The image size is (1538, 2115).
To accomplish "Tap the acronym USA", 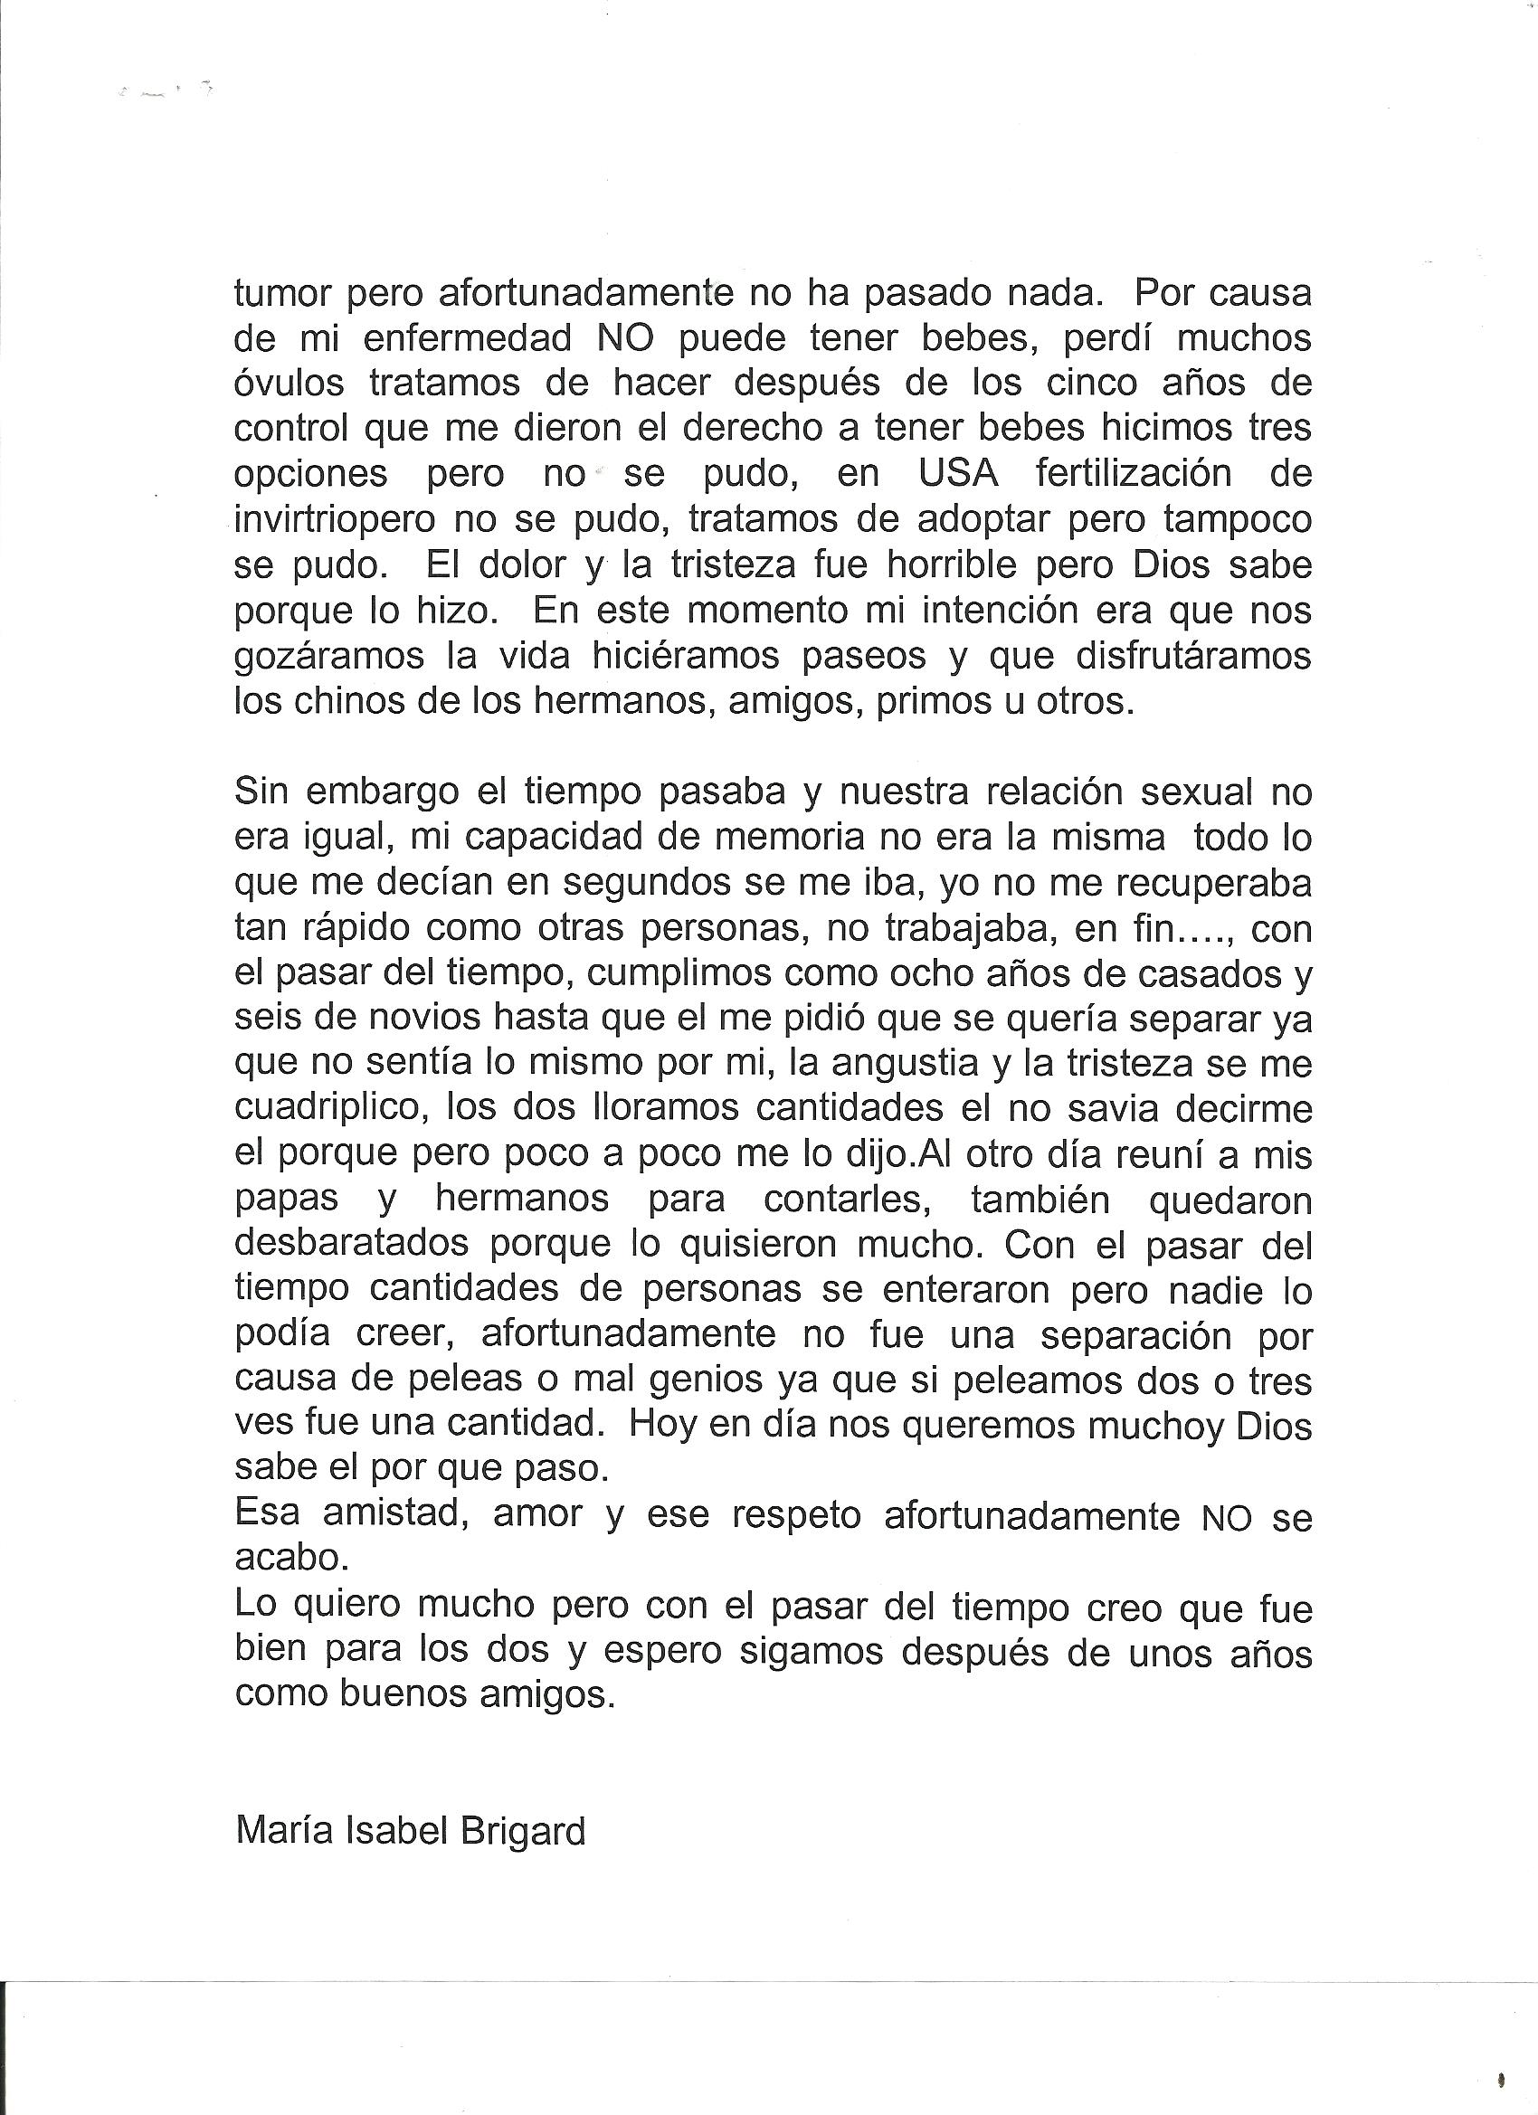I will point(958,475).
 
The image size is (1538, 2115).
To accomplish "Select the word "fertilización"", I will point(1134,475).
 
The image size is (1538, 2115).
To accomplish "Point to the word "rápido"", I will point(354,929).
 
